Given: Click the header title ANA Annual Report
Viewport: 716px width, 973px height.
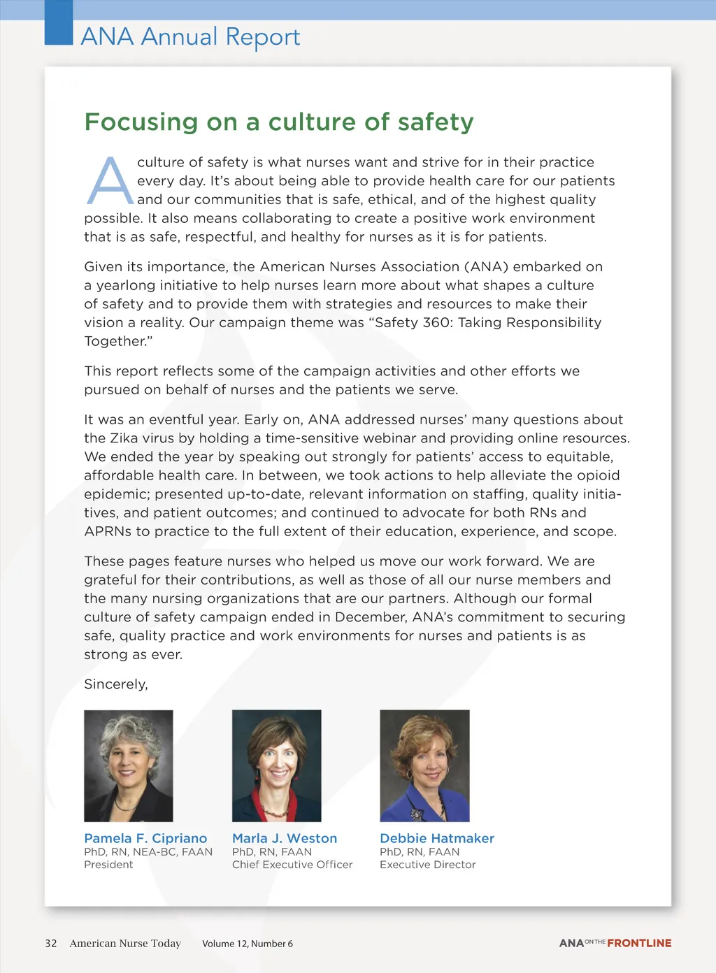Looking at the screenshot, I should (190, 36).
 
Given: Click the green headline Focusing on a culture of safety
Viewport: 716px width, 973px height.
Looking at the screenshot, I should (279, 122).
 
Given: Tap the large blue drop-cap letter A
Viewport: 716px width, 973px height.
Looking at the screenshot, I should (109, 181).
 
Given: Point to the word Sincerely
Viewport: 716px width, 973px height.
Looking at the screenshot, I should (116, 684).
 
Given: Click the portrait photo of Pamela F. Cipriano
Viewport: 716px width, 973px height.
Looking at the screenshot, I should (129, 765).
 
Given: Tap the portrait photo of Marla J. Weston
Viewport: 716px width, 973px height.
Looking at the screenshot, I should (277, 765).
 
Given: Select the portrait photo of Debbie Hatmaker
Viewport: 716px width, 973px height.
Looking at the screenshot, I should (424, 765).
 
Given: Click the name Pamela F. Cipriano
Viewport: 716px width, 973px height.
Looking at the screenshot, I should (145, 838).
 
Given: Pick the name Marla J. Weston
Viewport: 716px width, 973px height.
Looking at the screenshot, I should (285, 838).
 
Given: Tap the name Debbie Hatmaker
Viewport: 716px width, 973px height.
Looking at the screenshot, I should (437, 838).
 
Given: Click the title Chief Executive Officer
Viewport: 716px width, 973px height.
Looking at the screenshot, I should (292, 865).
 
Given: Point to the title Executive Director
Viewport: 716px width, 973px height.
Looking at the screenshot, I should (428, 865).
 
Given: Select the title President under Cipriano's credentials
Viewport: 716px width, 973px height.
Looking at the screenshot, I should (108, 865).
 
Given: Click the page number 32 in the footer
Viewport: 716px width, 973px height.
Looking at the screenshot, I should (51, 944).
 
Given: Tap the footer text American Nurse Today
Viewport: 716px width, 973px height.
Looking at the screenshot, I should (125, 944).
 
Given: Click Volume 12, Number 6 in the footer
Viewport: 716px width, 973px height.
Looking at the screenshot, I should (248, 944).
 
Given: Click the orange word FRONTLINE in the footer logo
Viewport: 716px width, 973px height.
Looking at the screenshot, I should (639, 943).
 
